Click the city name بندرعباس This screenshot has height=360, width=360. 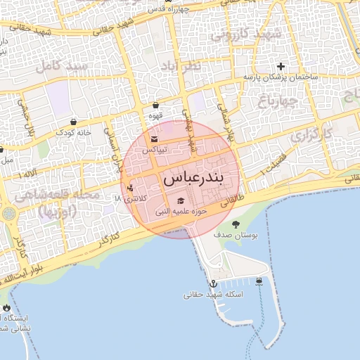[193, 179]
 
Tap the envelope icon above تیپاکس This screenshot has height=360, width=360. [155, 139]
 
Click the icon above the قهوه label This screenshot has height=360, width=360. [155, 105]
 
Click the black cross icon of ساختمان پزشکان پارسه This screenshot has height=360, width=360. [281, 66]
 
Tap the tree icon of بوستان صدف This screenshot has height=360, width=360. [235, 225]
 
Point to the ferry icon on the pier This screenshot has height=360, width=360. [259, 282]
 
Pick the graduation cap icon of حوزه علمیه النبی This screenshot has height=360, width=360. [181, 201]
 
